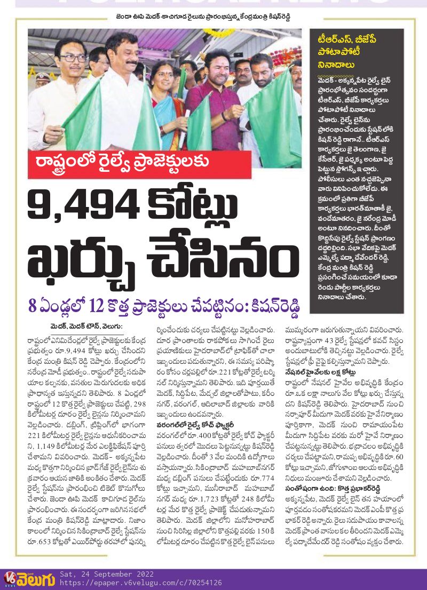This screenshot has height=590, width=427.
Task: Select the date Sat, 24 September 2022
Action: [x=107, y=575]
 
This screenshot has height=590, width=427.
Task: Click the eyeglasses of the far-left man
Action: [x=73, y=58]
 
